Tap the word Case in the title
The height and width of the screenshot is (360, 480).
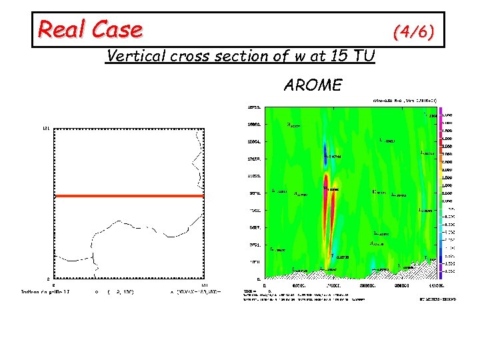pos(117,29)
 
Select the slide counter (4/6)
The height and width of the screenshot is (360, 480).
pos(414,31)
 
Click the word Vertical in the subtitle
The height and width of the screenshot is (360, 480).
pos(136,57)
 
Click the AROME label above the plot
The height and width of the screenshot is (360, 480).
pos(313,85)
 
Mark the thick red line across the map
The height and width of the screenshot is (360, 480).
pos(129,196)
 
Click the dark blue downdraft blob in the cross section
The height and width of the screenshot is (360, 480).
pos(325,153)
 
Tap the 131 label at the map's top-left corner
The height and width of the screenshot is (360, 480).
pos(47,127)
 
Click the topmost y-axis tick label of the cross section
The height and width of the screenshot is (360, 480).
pos(254,107)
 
